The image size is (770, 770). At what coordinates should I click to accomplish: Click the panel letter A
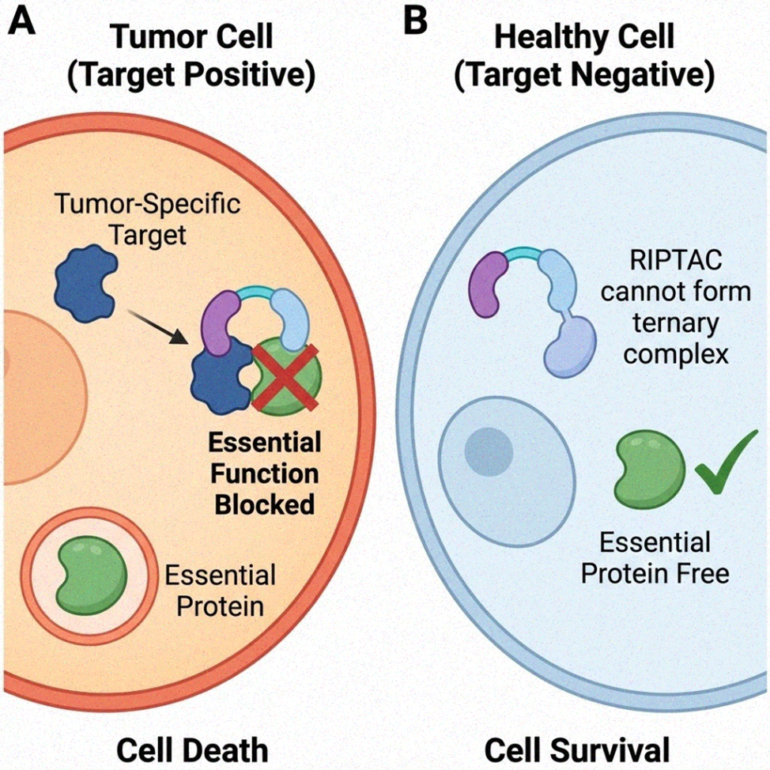pyautogui.click(x=21, y=21)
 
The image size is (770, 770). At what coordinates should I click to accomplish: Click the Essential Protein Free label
pyautogui.click(x=655, y=557)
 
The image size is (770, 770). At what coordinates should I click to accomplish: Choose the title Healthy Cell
pyautogui.click(x=585, y=37)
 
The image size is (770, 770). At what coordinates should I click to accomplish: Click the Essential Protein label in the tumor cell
pyautogui.click(x=219, y=591)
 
